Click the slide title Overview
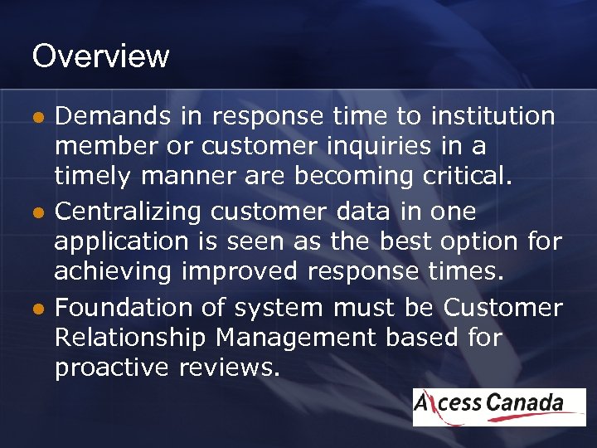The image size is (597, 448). point(100,56)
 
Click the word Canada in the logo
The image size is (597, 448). point(525,404)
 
